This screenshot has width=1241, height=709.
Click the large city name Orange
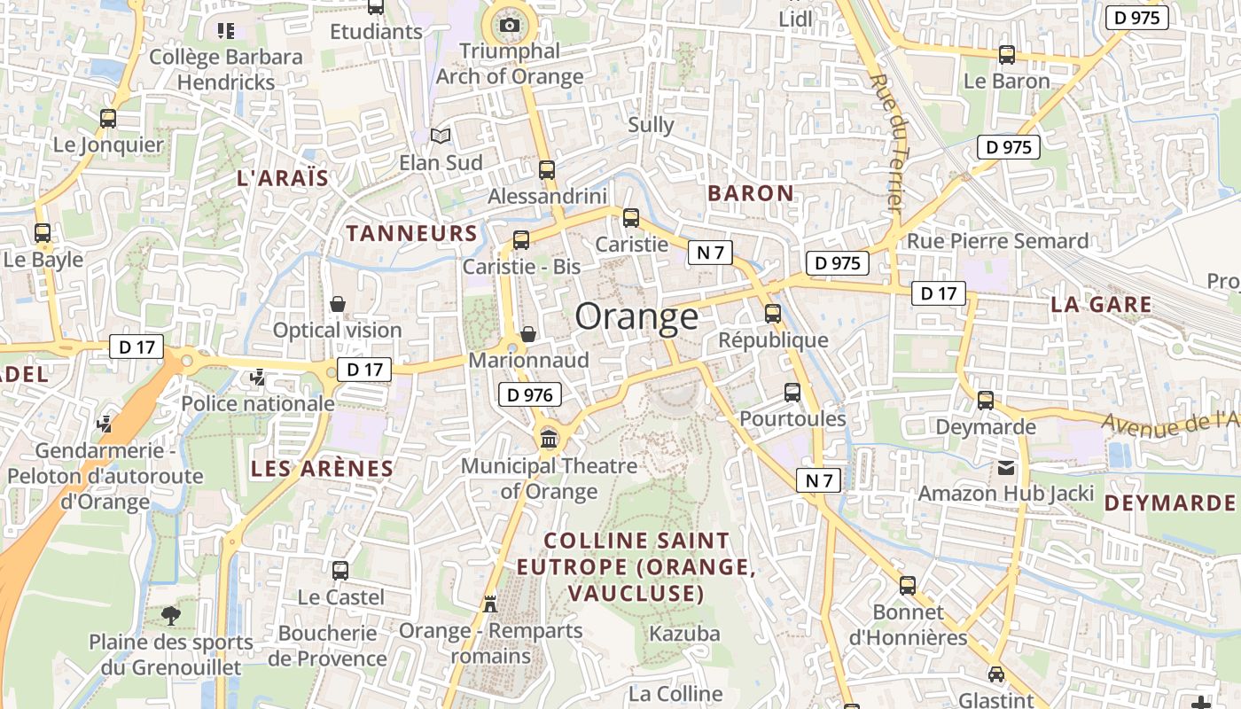[x=636, y=316]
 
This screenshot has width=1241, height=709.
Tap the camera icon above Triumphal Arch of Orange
[x=510, y=25]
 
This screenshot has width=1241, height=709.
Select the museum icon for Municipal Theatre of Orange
[x=549, y=438]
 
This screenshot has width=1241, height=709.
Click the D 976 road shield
[x=530, y=395]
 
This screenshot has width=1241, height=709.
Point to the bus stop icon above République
[x=773, y=313]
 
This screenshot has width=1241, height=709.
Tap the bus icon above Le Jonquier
[x=108, y=118]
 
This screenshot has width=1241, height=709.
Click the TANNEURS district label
[x=412, y=233]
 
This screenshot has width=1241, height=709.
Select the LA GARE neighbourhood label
[x=1101, y=304]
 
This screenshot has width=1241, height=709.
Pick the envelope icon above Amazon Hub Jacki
[x=1006, y=467]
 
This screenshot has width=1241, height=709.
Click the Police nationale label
[x=258, y=403]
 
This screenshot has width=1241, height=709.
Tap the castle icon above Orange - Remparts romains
[x=489, y=604]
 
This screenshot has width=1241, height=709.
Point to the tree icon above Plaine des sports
[x=171, y=614]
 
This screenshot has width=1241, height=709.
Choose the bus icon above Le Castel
[x=340, y=571]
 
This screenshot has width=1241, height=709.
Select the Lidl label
[x=795, y=19]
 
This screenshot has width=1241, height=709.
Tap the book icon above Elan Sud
[x=441, y=136]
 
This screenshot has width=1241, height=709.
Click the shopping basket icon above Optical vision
[x=338, y=304]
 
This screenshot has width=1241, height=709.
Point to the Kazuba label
[x=684, y=634]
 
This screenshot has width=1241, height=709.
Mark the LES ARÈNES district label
[x=322, y=469]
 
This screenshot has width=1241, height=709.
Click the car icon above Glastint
[x=996, y=674]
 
